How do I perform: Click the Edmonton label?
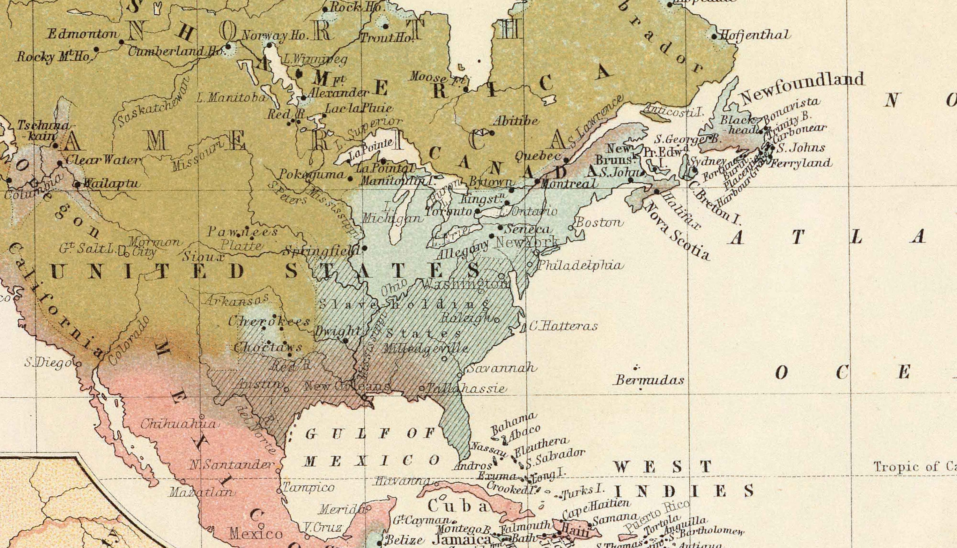82,34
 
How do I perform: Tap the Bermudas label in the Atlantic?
649,380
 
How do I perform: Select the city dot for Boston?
570,228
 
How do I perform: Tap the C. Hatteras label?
563,326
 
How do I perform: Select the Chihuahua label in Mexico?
179,424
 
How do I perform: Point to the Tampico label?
308,488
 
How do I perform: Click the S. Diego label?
48,363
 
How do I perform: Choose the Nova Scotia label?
677,232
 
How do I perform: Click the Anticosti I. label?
673,110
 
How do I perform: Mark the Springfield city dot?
364,248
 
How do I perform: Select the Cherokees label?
269,322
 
